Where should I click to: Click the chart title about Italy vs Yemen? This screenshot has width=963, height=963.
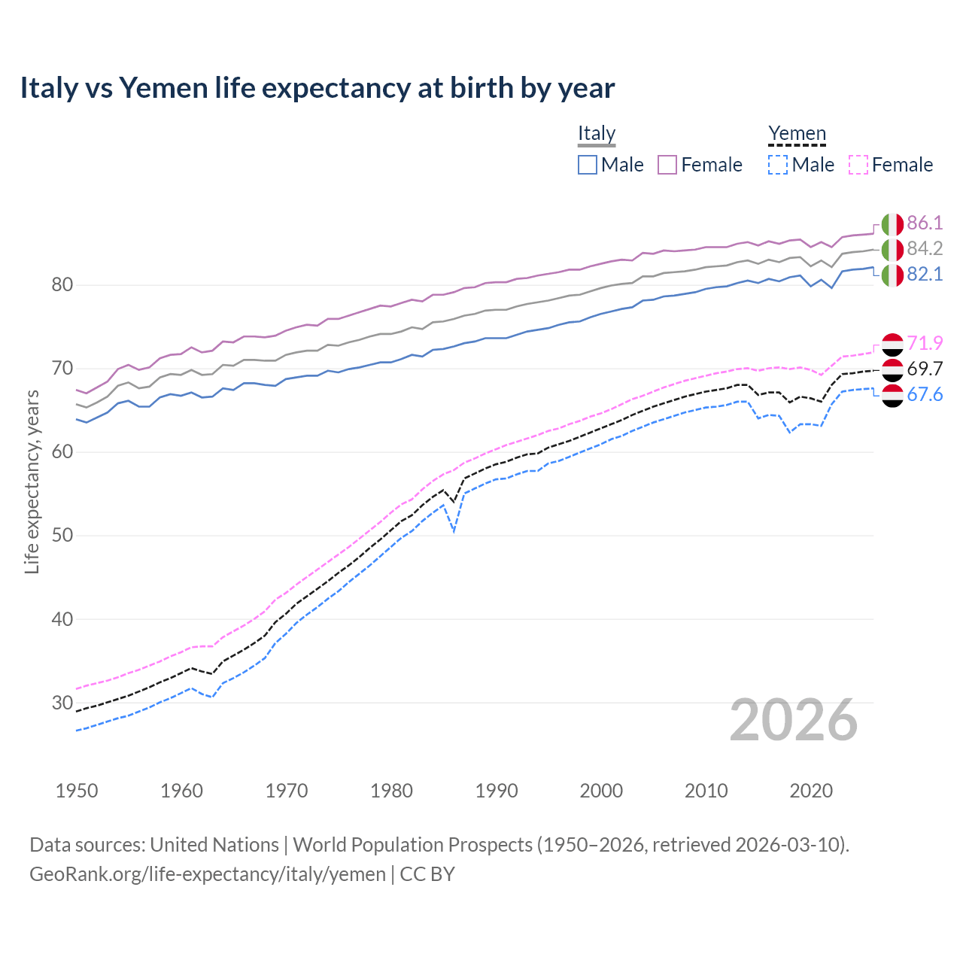click(317, 88)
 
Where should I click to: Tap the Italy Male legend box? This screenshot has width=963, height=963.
click(588, 165)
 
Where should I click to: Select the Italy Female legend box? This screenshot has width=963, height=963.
click(667, 165)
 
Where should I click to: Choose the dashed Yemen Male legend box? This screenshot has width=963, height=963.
click(778, 165)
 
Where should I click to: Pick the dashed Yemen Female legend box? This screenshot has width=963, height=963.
click(858, 165)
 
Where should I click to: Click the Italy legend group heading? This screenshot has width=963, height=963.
click(597, 133)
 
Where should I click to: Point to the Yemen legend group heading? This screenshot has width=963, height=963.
click(797, 133)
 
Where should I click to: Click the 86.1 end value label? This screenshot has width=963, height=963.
click(925, 223)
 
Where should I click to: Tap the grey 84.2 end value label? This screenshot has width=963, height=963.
click(925, 248)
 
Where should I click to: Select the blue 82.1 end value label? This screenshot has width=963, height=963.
click(925, 274)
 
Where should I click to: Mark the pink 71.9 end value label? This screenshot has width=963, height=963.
click(925, 343)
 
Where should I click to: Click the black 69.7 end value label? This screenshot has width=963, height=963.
click(925, 369)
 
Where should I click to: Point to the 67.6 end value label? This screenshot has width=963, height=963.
click(925, 394)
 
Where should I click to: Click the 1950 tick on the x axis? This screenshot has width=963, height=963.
click(77, 791)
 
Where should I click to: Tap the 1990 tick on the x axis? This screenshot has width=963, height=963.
click(497, 791)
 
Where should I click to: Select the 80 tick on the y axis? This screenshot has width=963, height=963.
click(62, 284)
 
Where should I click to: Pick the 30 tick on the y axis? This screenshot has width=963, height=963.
click(62, 703)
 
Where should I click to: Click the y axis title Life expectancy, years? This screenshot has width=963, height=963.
click(32, 481)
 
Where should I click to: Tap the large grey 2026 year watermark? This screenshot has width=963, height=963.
click(794, 720)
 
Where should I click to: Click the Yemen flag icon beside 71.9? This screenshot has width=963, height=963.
click(892, 344)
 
